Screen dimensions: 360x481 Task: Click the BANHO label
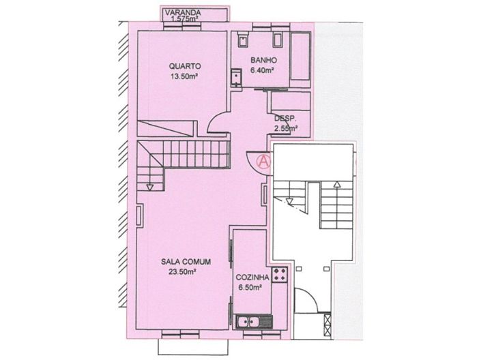[x=262, y=60]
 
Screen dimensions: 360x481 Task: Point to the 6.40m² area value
[x=262, y=70]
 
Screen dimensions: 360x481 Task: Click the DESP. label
[x=285, y=118]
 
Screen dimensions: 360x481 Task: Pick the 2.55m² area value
[x=286, y=127]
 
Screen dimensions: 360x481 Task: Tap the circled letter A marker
[x=263, y=162]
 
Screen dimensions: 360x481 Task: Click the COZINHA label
[x=252, y=278]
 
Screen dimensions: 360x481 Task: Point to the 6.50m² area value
[x=250, y=288]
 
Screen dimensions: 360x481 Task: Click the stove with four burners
[x=279, y=276]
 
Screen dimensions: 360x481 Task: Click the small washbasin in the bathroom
[x=236, y=78]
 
